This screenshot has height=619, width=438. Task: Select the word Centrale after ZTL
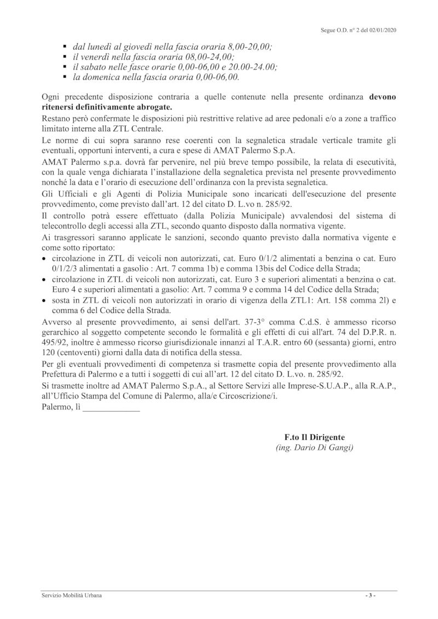point(144,129)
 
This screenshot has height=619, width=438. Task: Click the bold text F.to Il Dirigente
point(315,438)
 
